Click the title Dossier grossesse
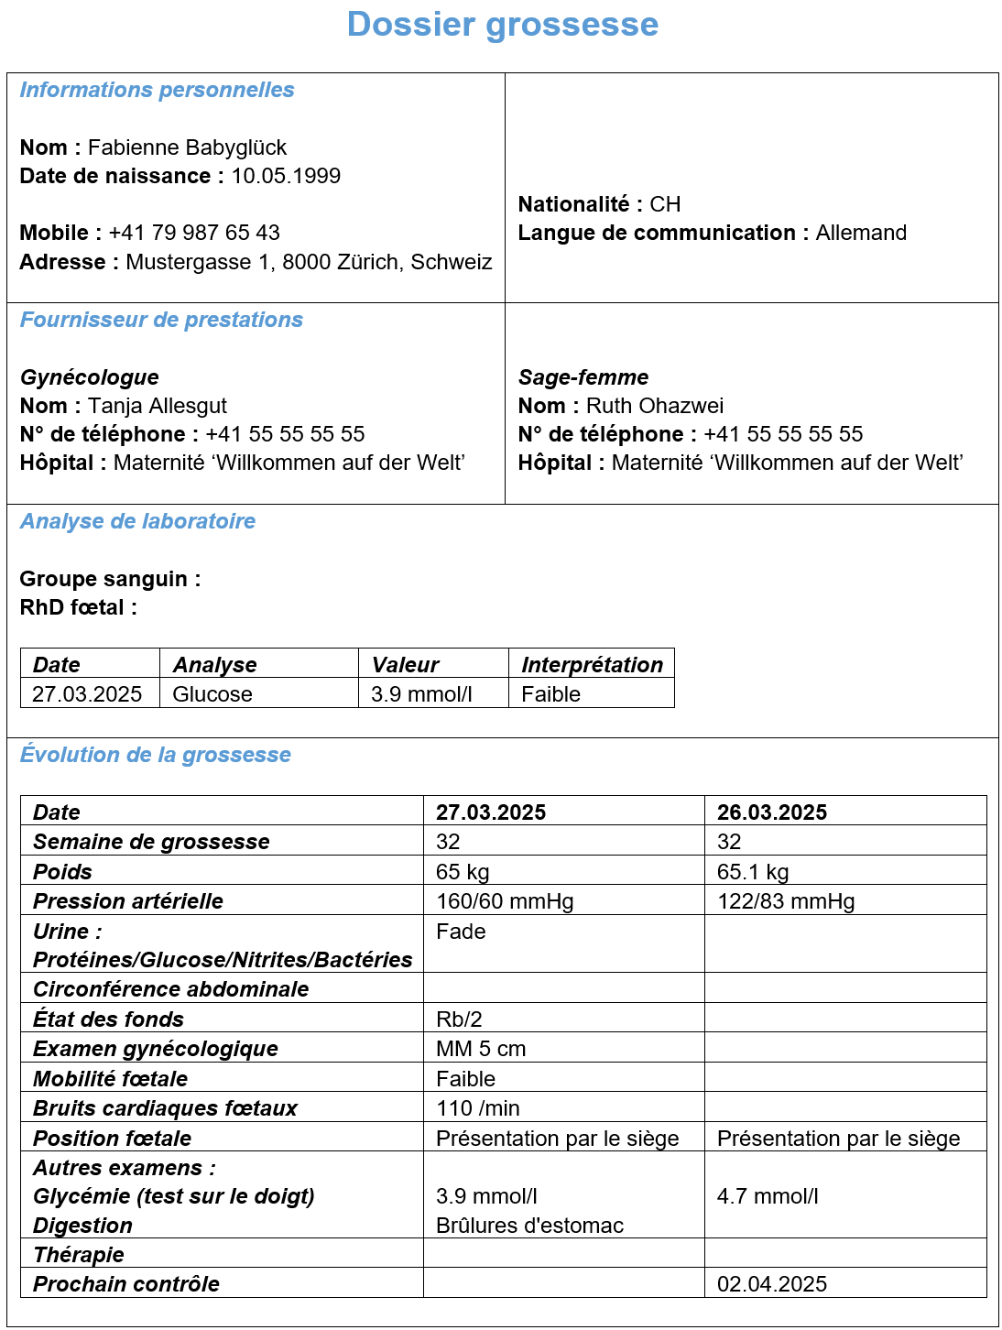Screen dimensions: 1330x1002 [x=502, y=25]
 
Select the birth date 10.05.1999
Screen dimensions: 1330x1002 [x=286, y=176]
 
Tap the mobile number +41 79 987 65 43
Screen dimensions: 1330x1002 [x=194, y=233]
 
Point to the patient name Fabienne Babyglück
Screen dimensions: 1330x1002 [x=187, y=147]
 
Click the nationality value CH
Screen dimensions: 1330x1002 [x=665, y=204]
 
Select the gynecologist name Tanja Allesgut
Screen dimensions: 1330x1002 [x=158, y=406]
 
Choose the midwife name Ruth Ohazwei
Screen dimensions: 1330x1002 [x=655, y=406]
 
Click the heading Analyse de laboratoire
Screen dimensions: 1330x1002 [x=138, y=521]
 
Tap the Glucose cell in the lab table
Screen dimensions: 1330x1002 [x=212, y=694]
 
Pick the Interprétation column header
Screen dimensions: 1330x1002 [x=592, y=665]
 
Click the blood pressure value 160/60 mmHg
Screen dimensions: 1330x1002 [x=505, y=901]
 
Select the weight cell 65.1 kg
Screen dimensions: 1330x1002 [x=753, y=872]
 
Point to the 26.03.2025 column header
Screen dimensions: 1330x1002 [x=772, y=812]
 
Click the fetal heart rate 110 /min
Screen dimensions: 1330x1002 [x=478, y=1108]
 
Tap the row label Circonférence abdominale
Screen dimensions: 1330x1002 [x=171, y=989]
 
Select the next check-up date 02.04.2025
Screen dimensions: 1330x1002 [x=772, y=1284]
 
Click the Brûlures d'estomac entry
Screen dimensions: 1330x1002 [x=530, y=1226]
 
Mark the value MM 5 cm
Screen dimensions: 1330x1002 [x=481, y=1049]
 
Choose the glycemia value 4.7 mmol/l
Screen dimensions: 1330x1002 [x=768, y=1196]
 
